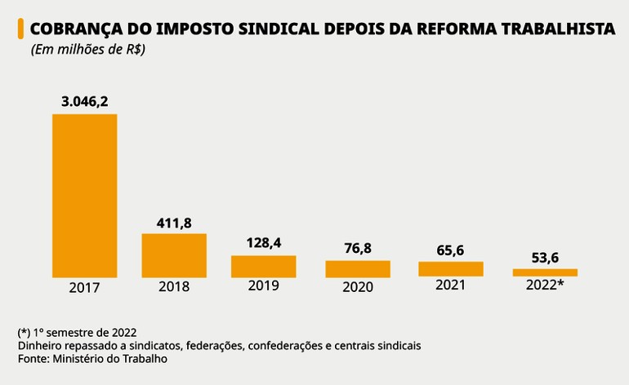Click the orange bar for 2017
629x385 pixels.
[x=84, y=195]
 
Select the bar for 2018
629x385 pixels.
[x=174, y=255]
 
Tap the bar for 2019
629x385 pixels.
[x=263, y=267]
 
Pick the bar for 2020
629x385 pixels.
[x=357, y=269]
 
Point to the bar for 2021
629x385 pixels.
[x=450, y=269]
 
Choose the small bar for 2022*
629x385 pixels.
[x=544, y=272]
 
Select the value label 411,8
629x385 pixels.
[x=174, y=222]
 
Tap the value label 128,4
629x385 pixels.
[x=263, y=243]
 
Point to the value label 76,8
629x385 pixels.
[x=357, y=249]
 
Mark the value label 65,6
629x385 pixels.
[x=450, y=250]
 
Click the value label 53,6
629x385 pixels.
[x=544, y=257]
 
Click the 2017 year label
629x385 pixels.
[x=84, y=287]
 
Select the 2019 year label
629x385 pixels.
[x=263, y=285]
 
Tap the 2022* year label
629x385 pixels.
[x=544, y=285]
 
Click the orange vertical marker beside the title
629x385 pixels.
[x=20, y=30]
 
